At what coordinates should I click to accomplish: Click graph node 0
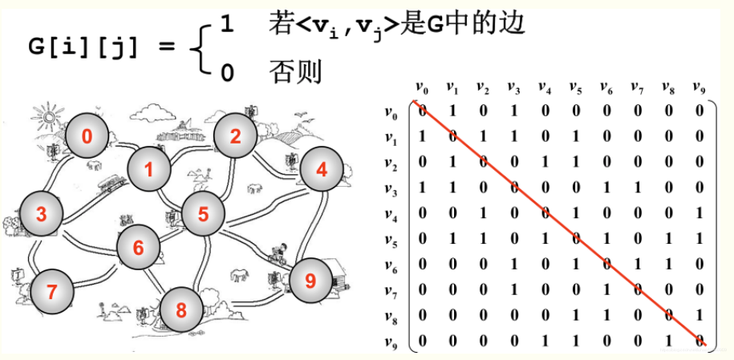pos(87,136)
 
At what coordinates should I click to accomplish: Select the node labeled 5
pos(203,213)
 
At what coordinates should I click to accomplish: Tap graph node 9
pos(310,280)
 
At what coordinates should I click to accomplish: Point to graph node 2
pos(235,136)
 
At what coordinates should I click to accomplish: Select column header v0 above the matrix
pos(421,87)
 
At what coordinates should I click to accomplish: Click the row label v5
pos(391,238)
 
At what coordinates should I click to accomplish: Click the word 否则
pos(294,74)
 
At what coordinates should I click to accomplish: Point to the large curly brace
pos(200,49)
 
